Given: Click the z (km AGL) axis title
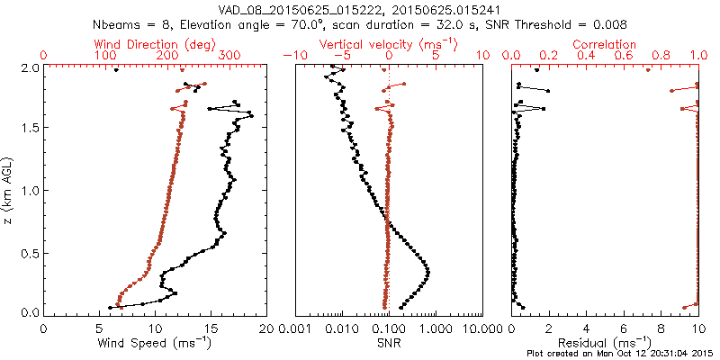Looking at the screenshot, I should point(9,189).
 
